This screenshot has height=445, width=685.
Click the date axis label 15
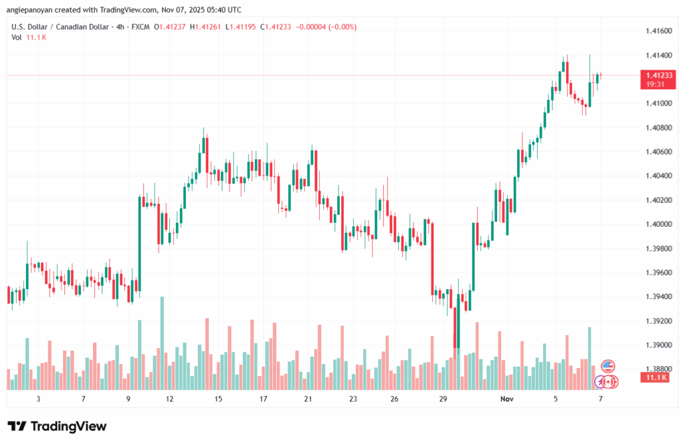[x=218, y=399]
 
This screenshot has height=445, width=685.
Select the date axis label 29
[x=443, y=399]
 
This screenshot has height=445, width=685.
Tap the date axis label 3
[x=38, y=399]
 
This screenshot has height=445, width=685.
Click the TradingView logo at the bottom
[x=57, y=426]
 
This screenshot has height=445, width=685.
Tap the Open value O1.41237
[x=171, y=27]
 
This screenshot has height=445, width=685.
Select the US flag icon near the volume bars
[x=608, y=365]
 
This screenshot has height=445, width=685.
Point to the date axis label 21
[x=308, y=399]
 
